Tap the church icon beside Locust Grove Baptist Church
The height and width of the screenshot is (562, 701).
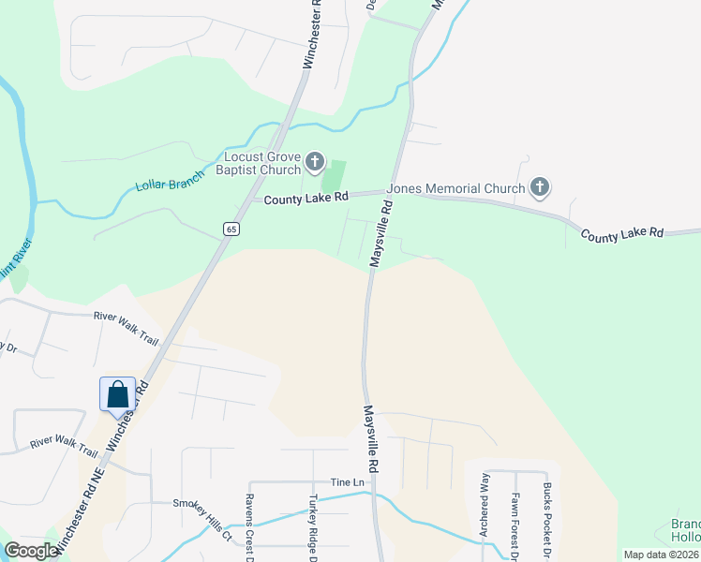click(x=316, y=164)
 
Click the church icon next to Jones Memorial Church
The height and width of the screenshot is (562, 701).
click(x=539, y=188)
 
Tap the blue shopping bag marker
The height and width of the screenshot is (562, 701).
click(x=118, y=393)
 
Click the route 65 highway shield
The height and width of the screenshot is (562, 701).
click(x=231, y=229)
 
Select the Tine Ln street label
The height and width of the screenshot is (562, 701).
click(x=346, y=481)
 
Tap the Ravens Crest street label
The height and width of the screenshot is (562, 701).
click(x=250, y=530)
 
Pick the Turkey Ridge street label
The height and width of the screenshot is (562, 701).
click(x=314, y=530)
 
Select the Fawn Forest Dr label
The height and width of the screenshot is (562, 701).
click(x=515, y=515)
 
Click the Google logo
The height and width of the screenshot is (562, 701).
click(x=31, y=551)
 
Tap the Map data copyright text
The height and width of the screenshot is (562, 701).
click(x=661, y=555)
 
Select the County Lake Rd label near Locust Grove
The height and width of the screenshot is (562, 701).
click(x=306, y=198)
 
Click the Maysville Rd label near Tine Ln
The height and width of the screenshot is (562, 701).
click(x=371, y=438)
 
